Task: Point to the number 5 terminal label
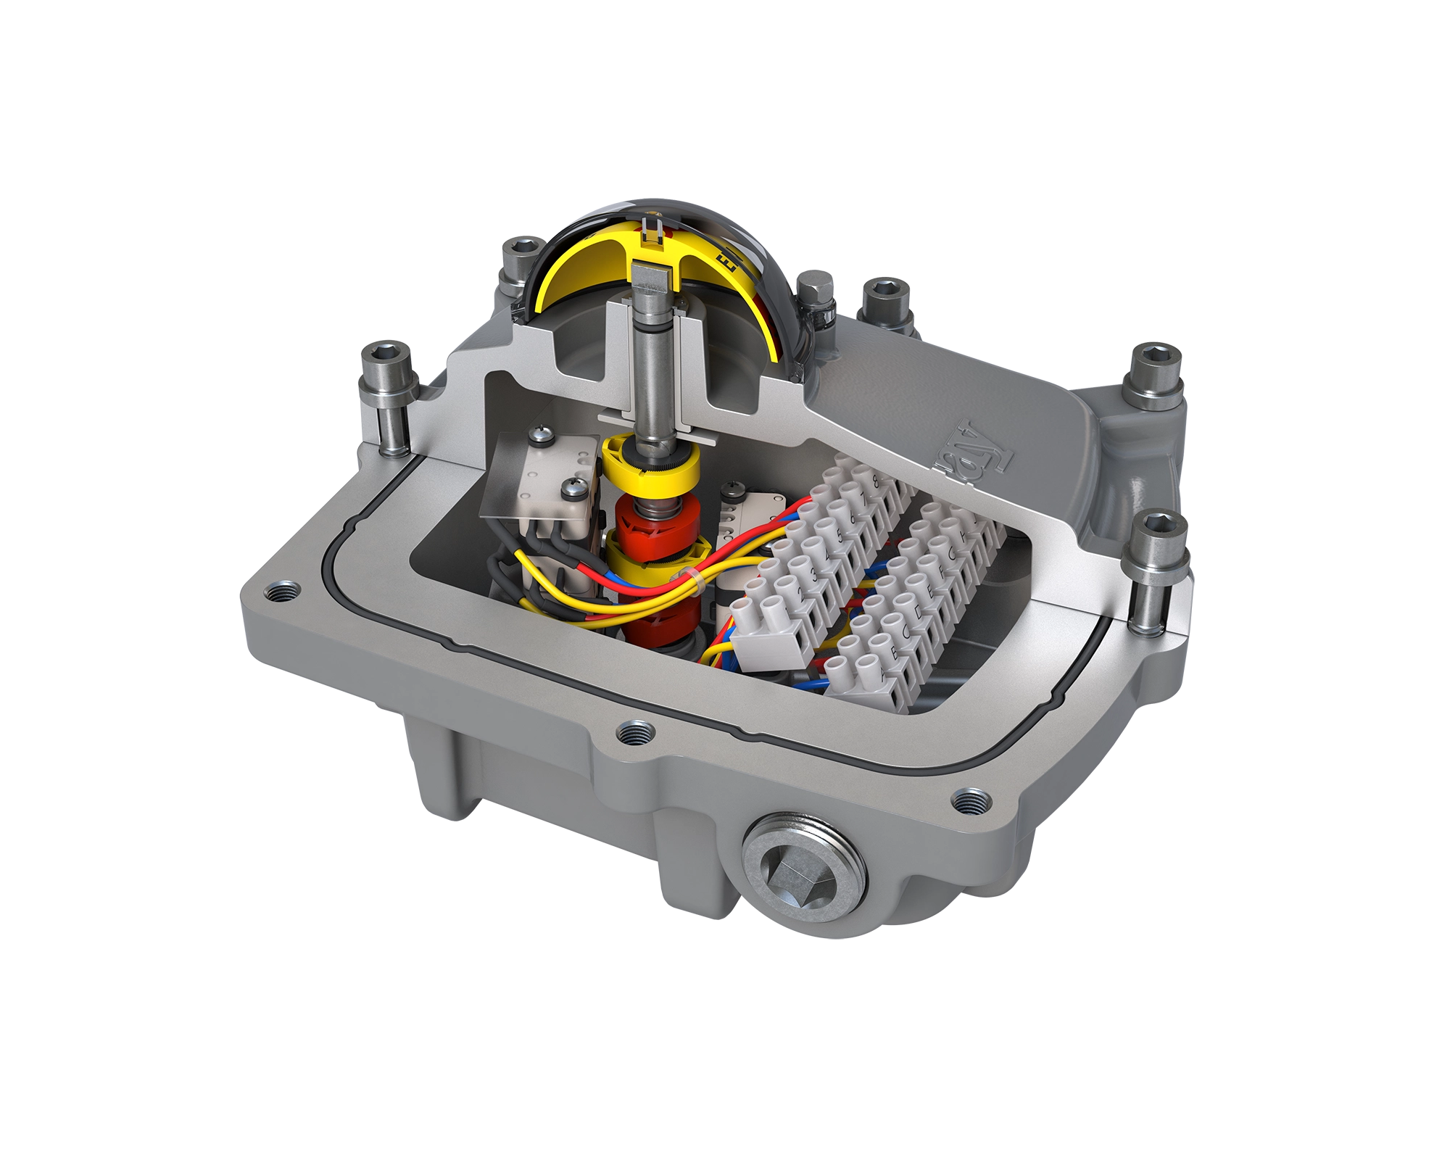coord(839,536)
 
